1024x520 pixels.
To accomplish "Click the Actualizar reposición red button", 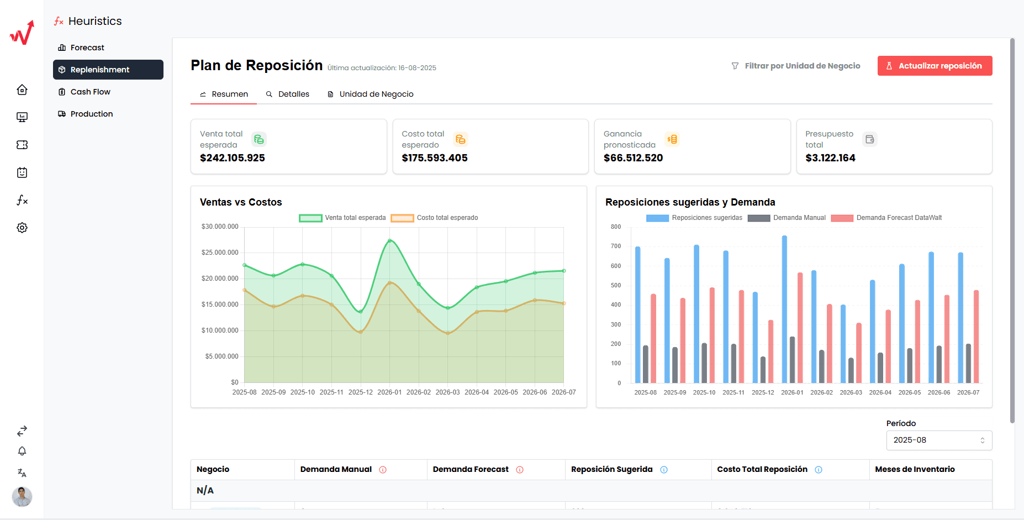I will pos(935,66).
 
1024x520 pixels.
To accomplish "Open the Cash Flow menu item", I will pos(90,92).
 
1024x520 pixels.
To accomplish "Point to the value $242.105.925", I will pos(233,158).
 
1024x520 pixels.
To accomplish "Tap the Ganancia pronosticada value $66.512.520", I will pos(633,158).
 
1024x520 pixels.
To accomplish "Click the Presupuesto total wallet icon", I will pos(870,139).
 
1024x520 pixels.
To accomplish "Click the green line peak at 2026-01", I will pos(389,241).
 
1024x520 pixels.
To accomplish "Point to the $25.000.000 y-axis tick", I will pos(220,253).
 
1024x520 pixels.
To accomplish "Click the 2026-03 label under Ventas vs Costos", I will pos(447,392).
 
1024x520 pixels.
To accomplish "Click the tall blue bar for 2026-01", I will pos(784,309).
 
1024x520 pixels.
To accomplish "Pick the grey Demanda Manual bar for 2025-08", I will pos(646,364).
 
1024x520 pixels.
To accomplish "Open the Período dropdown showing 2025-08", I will pos(939,440).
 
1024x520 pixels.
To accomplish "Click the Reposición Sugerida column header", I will pos(611,469).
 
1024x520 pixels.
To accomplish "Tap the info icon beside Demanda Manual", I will pos(383,470).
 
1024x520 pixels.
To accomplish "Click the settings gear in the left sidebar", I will pos(22,228).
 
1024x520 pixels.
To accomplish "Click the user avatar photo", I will pos(22,496).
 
